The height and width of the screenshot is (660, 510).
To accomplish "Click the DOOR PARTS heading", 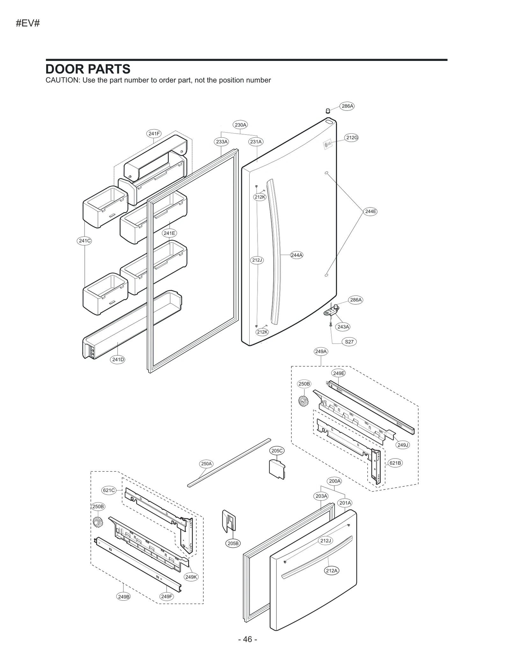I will pos(88,69).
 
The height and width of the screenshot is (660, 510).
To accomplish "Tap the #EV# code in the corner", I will pos(28,23).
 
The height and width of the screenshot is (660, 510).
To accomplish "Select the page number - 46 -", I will pos(247,639).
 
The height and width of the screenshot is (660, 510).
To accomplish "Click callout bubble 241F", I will pos(154,134).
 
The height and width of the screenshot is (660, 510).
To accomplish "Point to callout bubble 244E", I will pos(370,211).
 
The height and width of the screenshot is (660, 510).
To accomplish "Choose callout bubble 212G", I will pos(352,138).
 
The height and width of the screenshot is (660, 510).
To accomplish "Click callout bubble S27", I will pos(349,342).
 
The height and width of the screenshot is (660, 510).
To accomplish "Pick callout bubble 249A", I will pos(321,352).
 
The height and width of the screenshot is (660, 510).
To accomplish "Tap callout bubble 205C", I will pos(277,451).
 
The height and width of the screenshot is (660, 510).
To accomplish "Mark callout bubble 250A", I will pos(207,464).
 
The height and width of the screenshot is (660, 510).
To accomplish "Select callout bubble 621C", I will pos(109,490).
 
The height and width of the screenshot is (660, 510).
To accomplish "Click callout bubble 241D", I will pos(118,359).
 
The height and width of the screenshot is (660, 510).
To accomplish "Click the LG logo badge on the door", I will pos(327,144).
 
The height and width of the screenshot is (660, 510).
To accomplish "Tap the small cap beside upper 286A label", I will pos(328,111).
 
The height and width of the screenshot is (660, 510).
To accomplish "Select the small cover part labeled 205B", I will pos(229,521).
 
